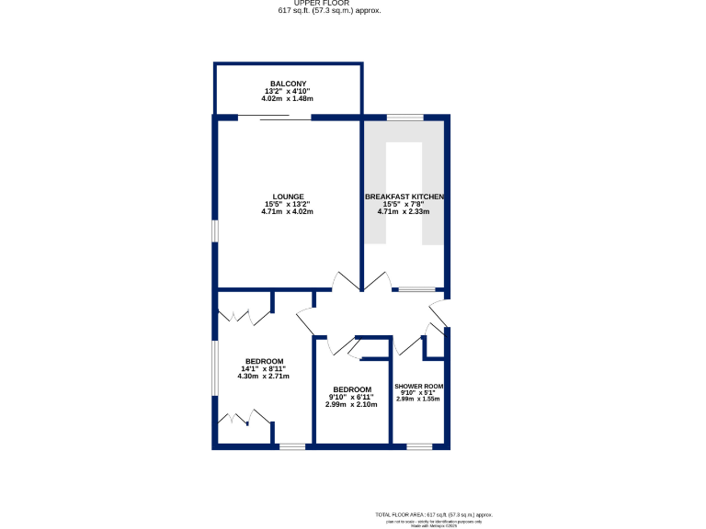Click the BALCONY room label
pyautogui.click(x=288, y=84)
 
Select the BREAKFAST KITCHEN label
pyautogui.click(x=404, y=197)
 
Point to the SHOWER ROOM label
pyautogui.click(x=419, y=386)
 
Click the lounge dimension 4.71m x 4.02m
pyautogui.click(x=288, y=212)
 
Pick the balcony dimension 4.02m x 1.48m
pyautogui.click(x=288, y=98)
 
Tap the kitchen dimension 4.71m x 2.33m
pyautogui.click(x=404, y=212)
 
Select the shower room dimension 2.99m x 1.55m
pyautogui.click(x=419, y=399)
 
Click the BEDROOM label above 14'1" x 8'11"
pyautogui.click(x=264, y=361)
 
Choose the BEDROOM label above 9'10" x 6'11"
pyautogui.click(x=352, y=389)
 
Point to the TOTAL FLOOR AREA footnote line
pyautogui.click(x=434, y=513)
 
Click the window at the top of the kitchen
pyautogui.click(x=404, y=117)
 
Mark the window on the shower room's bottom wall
pyautogui.click(x=419, y=447)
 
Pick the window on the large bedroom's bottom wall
pyautogui.click(x=292, y=447)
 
